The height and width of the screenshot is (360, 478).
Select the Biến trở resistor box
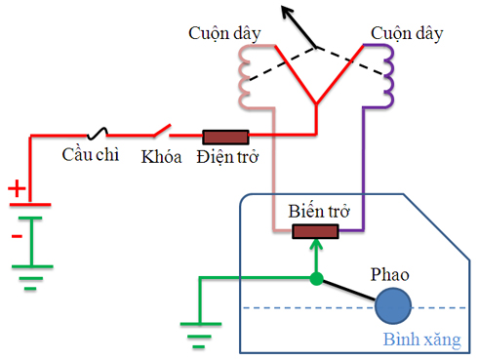[x=316, y=231]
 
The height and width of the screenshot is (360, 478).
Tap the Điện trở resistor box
[x=225, y=136]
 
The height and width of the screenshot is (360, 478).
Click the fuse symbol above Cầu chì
[x=99, y=134]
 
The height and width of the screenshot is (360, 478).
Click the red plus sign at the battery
[x=16, y=188]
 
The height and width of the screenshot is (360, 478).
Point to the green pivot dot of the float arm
[x=316, y=279]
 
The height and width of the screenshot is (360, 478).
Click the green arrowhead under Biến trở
[x=316, y=246]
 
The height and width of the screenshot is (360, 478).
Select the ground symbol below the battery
[x=32, y=283]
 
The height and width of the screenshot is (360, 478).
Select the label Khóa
[x=162, y=156]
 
